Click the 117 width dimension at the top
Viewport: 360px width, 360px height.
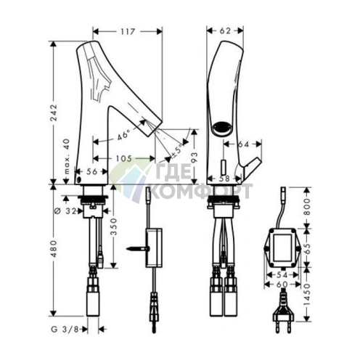click(128, 31)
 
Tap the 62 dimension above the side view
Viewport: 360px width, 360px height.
click(225, 30)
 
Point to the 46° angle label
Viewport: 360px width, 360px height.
click(123, 135)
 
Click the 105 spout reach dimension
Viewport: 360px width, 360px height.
click(123, 159)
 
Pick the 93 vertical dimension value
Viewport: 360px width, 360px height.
click(195, 157)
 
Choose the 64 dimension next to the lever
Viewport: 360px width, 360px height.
click(243, 144)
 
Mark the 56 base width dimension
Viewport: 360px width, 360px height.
click(91, 171)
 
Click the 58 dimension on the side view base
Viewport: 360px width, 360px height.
click(224, 179)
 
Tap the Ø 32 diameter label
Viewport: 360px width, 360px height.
click(65, 211)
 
